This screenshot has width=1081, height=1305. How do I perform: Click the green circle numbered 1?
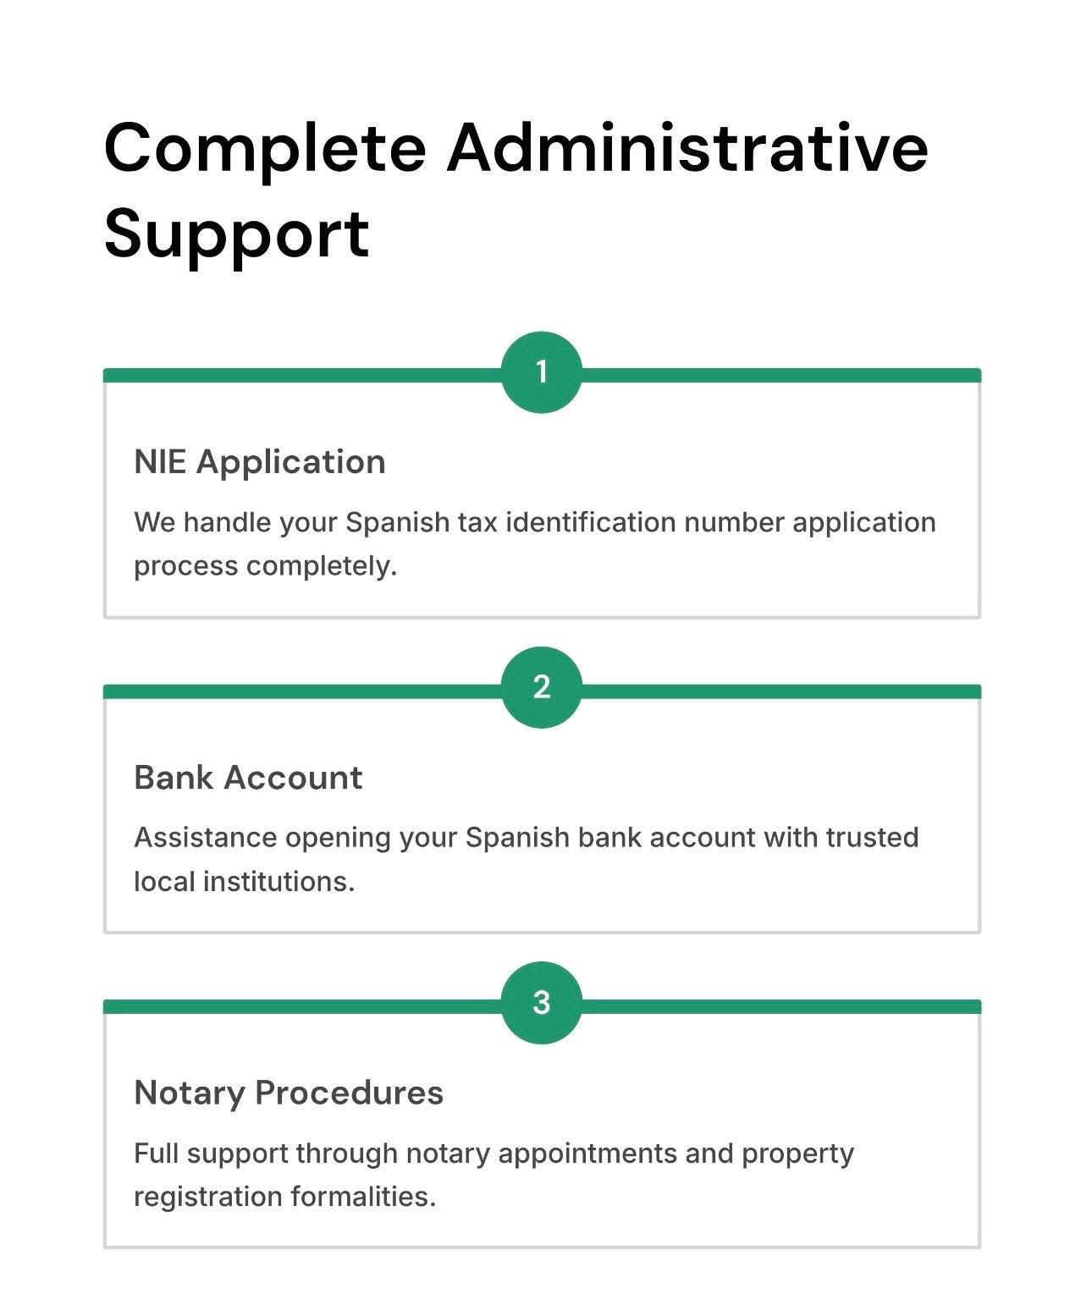tap(541, 372)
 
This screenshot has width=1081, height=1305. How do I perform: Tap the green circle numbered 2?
tap(541, 687)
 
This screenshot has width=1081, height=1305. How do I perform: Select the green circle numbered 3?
tap(541, 1003)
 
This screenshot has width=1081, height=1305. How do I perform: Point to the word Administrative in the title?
tap(687, 148)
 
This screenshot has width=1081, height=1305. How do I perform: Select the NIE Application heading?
tap(260, 462)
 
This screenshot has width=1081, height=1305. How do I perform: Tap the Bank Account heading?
tap(248, 778)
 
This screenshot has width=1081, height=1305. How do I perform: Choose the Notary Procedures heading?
tap(289, 1093)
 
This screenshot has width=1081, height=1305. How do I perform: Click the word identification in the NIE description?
tap(591, 522)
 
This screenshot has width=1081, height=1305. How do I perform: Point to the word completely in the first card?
tap(322, 565)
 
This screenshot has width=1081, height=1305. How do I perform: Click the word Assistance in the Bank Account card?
tap(206, 838)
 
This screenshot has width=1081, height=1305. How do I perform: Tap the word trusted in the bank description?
tap(872, 838)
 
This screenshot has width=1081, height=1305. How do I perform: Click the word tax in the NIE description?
tap(477, 522)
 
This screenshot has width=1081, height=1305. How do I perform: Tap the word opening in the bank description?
tap(338, 839)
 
